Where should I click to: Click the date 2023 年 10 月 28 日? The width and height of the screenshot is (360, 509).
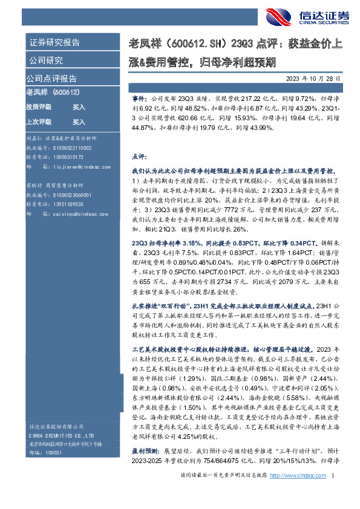[317, 79]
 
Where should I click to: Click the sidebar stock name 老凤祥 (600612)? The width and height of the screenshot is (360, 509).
[53, 92]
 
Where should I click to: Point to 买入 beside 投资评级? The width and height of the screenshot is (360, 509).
[79, 106]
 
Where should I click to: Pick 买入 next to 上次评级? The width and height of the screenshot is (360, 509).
[79, 120]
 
